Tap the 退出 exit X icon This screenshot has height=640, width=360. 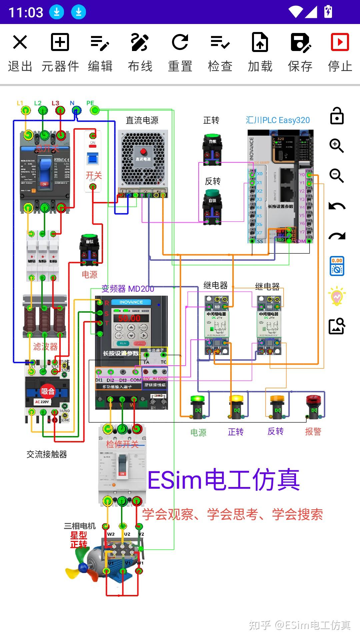pyautogui.click(x=20, y=42)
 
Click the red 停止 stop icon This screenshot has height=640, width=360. pyautogui.click(x=340, y=42)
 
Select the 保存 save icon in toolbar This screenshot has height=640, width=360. pyautogui.click(x=300, y=42)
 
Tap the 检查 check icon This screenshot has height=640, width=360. pyautogui.click(x=220, y=42)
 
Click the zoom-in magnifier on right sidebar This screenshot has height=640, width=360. pyautogui.click(x=336, y=146)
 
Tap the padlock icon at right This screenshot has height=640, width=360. pyautogui.click(x=337, y=116)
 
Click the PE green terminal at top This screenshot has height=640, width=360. pyautogui.click(x=95, y=110)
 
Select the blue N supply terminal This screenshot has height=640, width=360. pyautogui.click(x=76, y=110)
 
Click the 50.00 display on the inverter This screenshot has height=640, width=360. pyautogui.click(x=129, y=318)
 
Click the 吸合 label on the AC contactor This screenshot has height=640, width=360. pyautogui.click(x=47, y=391)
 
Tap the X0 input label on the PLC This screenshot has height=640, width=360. pyautogui.click(x=260, y=174)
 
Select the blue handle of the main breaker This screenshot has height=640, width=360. pyautogui.click(x=45, y=168)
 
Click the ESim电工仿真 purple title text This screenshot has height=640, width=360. pyautogui.click(x=223, y=480)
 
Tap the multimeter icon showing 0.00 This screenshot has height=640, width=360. pyautogui.click(x=337, y=266)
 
